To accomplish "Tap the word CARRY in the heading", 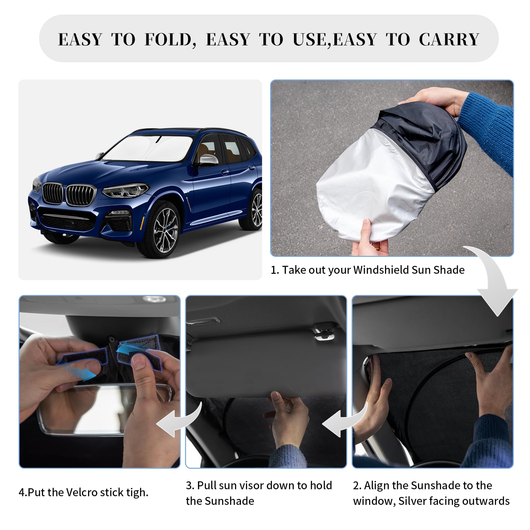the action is (x=449, y=40).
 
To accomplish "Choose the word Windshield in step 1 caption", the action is (x=381, y=270).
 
